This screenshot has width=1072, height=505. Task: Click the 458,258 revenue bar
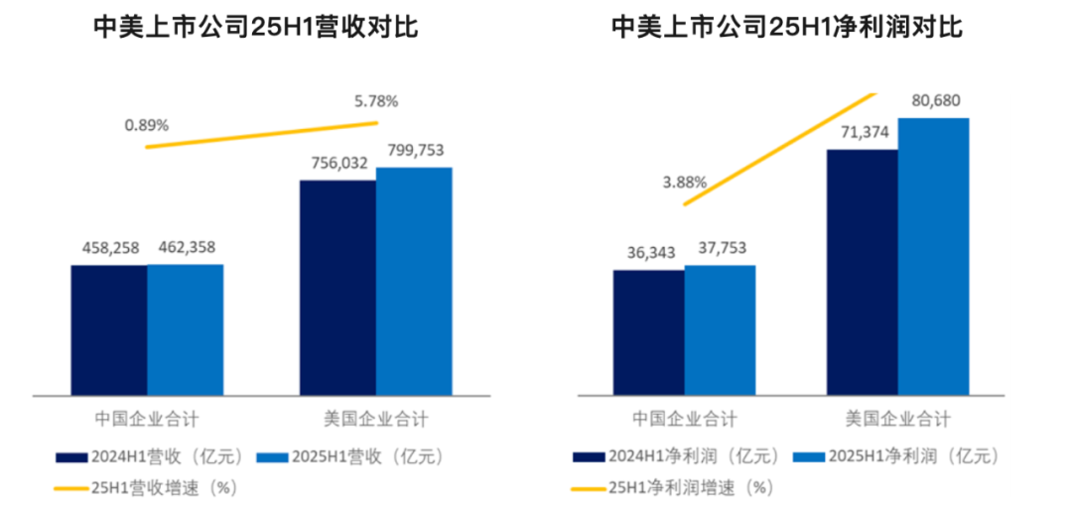point(109,329)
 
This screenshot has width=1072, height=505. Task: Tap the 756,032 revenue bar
point(337,287)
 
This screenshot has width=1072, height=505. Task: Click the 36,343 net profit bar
point(648,332)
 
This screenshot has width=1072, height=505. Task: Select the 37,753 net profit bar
point(720,329)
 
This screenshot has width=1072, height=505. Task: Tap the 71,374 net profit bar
point(862,272)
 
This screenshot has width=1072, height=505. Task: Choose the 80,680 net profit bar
point(933,256)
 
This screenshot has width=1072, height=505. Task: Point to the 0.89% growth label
point(147,126)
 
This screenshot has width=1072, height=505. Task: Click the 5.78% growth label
point(376,100)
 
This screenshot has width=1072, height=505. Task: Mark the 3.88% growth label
point(685,183)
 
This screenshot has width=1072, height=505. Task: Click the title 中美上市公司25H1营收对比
point(255,27)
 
